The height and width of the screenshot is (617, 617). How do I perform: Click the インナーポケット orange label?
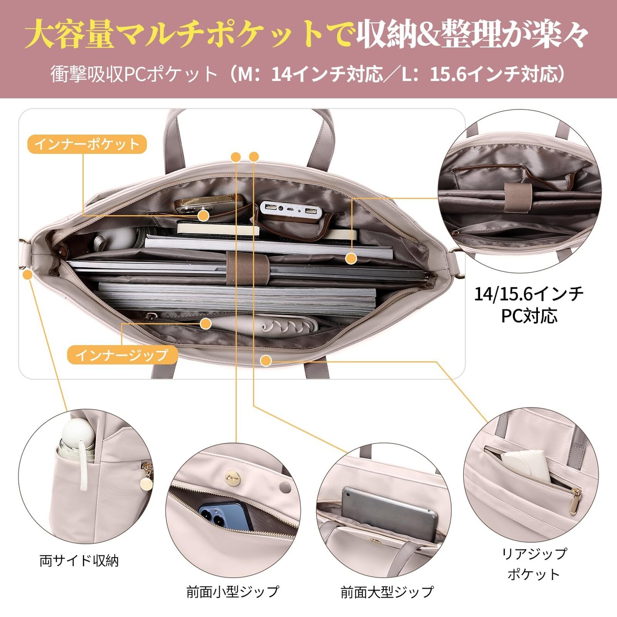pos(87,144)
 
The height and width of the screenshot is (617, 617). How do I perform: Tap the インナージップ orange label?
pos(122,355)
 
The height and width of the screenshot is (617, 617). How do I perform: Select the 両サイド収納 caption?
pos(79,561)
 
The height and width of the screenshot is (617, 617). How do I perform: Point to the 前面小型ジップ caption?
pos(232,591)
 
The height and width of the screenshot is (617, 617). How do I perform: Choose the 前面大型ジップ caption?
pos(387,591)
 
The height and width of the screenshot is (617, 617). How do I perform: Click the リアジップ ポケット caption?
pos(534,563)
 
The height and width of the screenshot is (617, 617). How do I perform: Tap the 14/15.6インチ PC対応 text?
pos(529,304)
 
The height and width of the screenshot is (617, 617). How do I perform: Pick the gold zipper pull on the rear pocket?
pos(575,502)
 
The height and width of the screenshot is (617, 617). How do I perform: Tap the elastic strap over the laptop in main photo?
pos(248,267)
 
